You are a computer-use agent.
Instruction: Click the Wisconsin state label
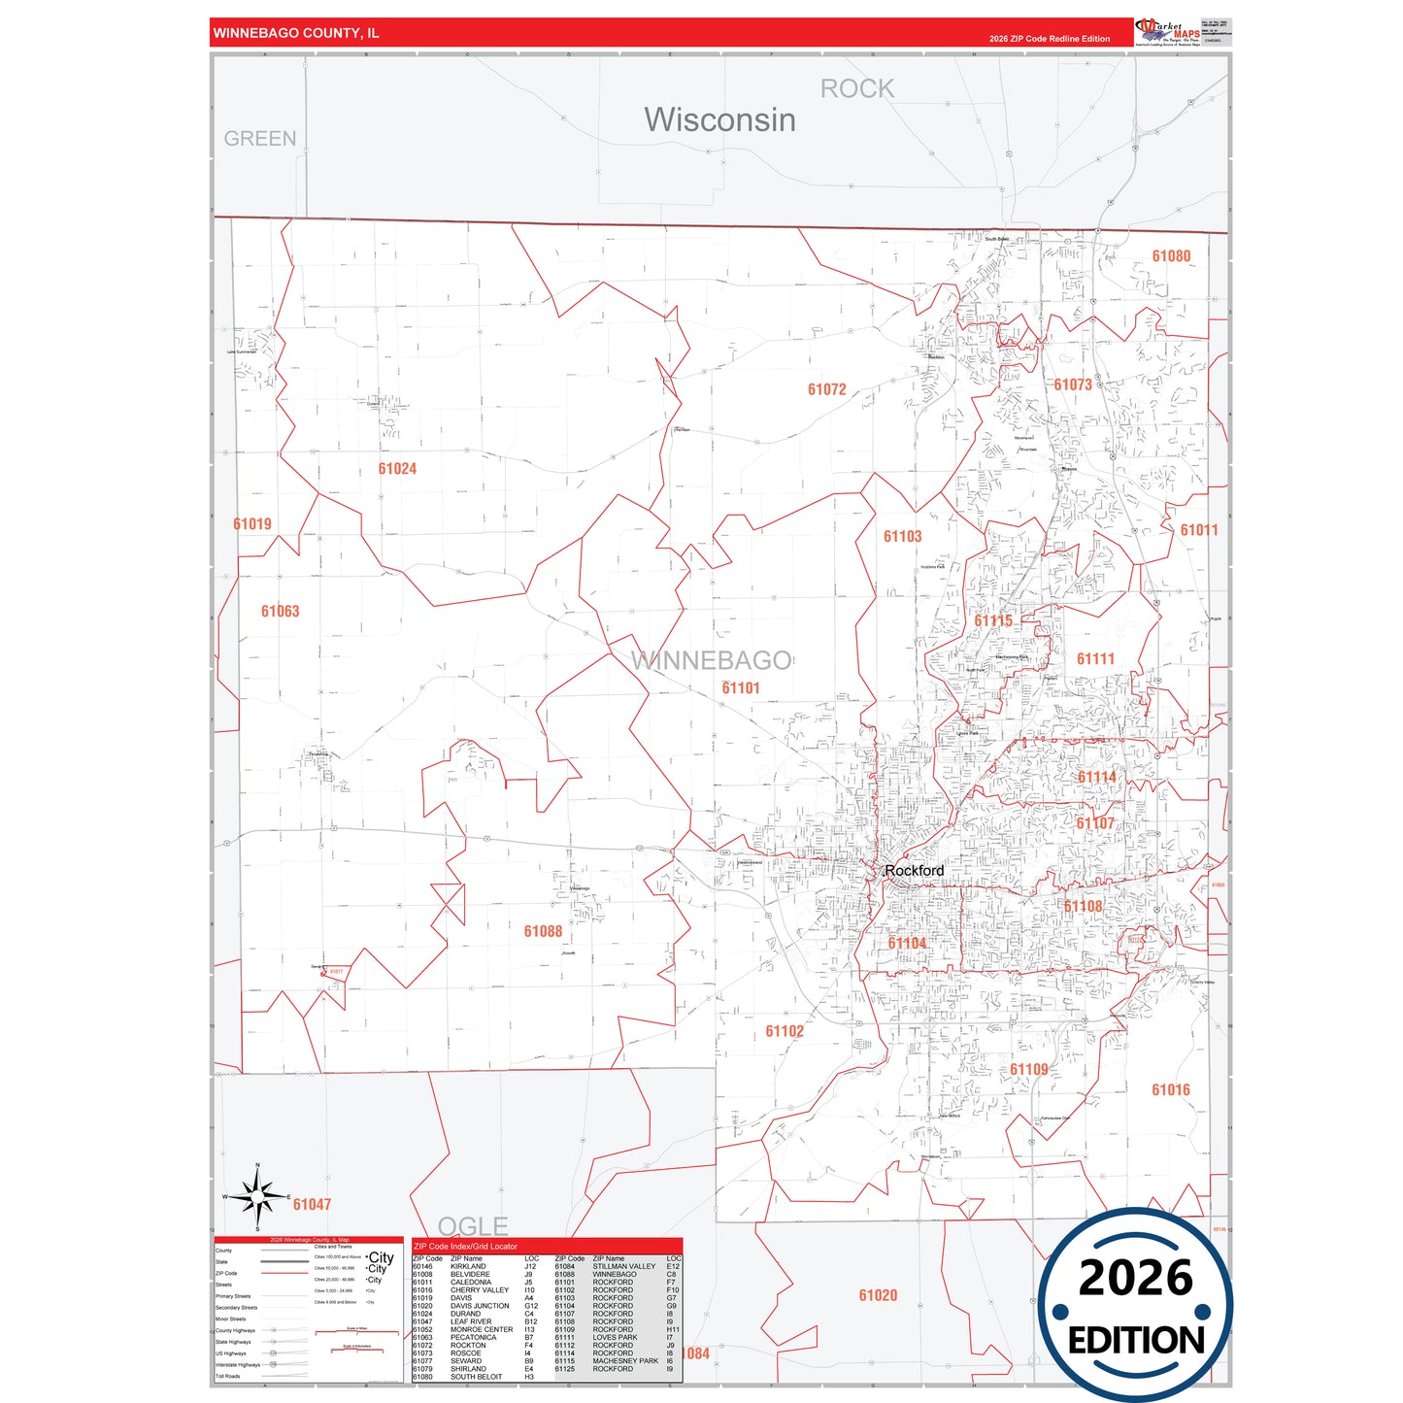tap(719, 119)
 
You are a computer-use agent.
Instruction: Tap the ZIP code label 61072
tap(826, 389)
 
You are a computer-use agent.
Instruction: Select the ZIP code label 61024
tap(397, 469)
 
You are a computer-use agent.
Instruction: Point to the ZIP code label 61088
tap(543, 931)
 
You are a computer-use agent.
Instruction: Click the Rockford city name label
tap(914, 871)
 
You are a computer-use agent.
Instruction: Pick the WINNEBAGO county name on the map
tap(711, 660)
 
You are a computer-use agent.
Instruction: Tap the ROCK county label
tap(856, 89)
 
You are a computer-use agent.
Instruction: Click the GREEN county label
tap(259, 139)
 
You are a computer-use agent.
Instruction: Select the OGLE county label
tap(473, 1225)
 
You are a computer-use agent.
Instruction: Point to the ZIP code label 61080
tap(1171, 256)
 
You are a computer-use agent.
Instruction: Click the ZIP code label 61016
tap(1170, 1089)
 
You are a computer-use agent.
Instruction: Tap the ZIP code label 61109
tap(1028, 1069)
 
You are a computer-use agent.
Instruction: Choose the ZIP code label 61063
tap(280, 611)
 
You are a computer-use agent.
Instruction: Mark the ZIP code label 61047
tap(312, 1204)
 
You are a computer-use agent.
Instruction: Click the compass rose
tap(257, 1196)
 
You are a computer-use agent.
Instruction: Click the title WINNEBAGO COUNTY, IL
tap(296, 33)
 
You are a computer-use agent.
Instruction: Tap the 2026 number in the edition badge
tap(1135, 1277)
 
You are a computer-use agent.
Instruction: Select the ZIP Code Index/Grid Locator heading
tap(465, 1246)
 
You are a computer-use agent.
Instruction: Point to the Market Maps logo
tap(1168, 32)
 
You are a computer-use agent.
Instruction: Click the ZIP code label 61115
tap(992, 620)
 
